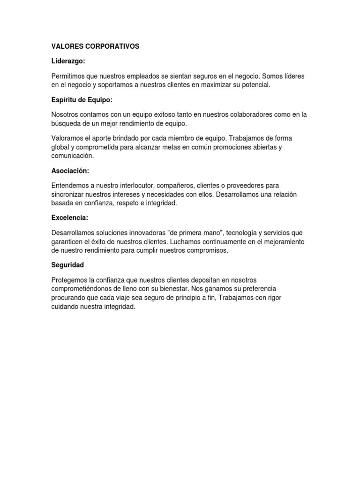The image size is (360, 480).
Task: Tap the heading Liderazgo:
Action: (68, 62)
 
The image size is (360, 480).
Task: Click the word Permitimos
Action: (68, 76)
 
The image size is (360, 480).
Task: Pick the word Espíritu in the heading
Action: (64, 100)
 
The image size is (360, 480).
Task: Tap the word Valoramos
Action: (67, 138)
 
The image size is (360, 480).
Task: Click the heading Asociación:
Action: (70, 171)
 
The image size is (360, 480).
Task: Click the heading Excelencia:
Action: (70, 218)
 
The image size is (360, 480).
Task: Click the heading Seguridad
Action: (67, 265)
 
